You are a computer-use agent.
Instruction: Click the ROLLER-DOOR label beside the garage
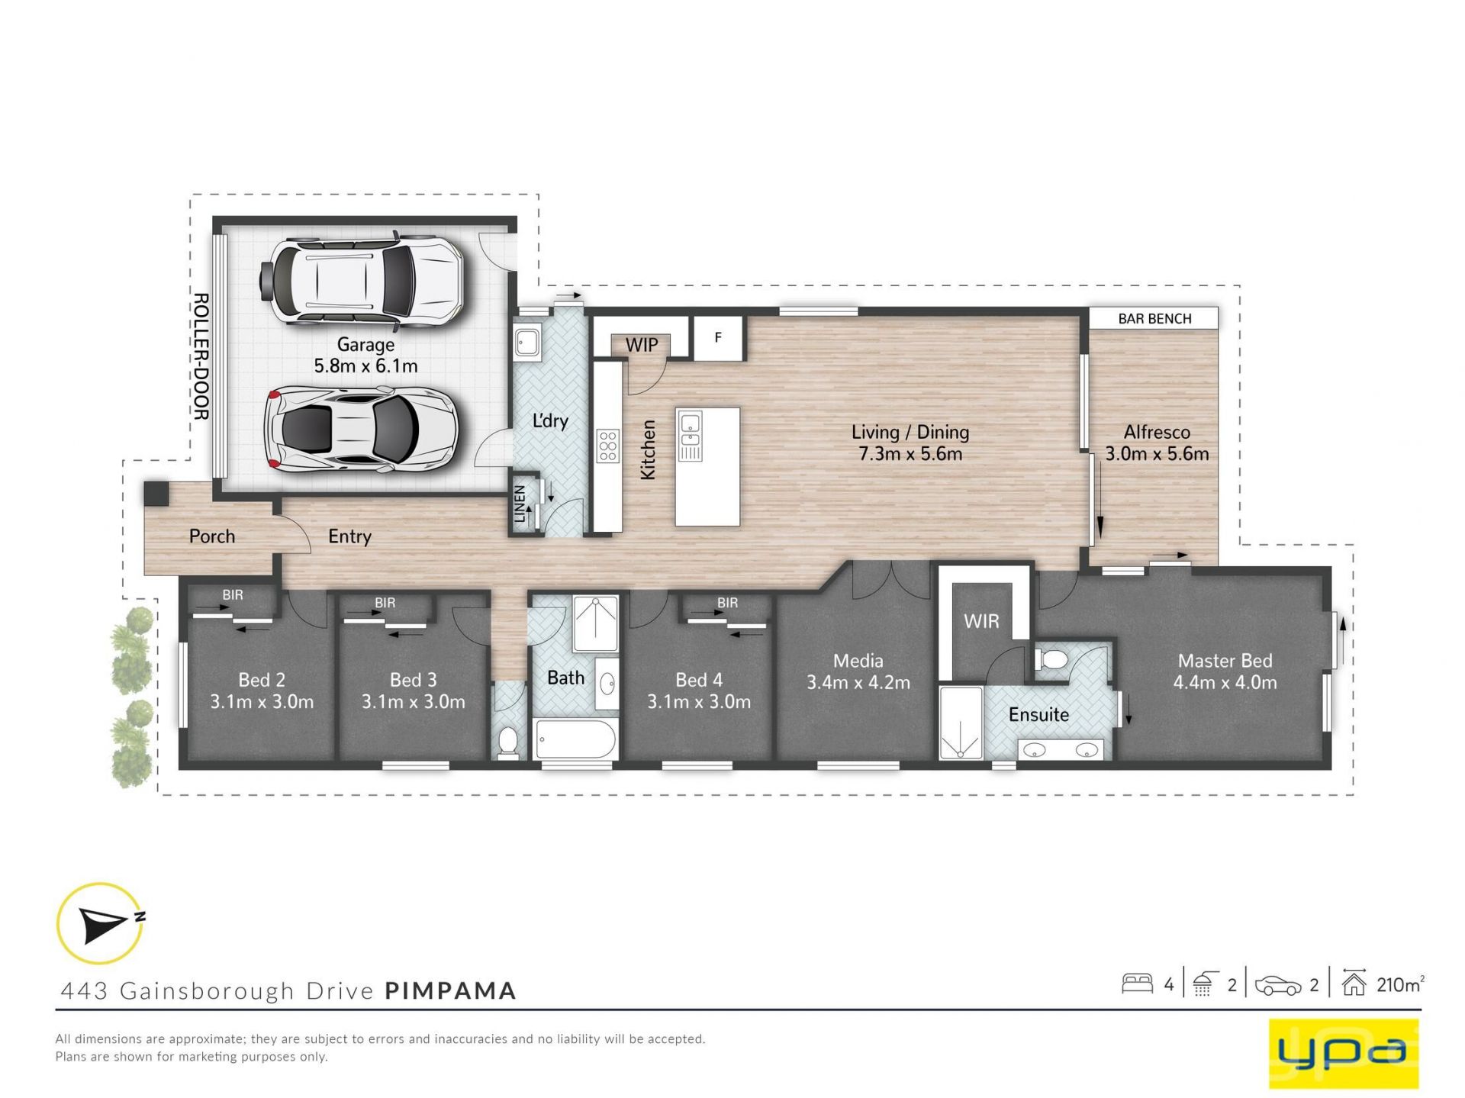201,356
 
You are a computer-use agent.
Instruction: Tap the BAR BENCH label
1154,319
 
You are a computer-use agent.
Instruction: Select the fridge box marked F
718,337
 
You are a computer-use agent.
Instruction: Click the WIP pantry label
642,345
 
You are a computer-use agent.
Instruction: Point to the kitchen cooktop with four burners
608,446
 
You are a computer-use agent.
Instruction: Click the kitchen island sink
690,428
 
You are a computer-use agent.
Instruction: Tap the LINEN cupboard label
520,504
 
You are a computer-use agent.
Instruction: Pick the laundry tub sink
527,342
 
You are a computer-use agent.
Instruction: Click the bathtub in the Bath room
575,739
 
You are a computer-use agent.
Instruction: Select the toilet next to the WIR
1054,659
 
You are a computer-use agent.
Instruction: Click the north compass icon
101,923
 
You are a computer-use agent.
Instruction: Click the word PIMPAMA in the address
450,990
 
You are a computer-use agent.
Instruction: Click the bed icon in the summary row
1137,984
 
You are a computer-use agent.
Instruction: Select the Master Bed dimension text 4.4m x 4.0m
1225,682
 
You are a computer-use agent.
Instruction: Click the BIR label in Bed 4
727,603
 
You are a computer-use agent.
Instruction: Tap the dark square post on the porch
156,493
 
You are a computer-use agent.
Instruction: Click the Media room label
858,661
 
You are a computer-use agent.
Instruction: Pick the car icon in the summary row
1278,985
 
